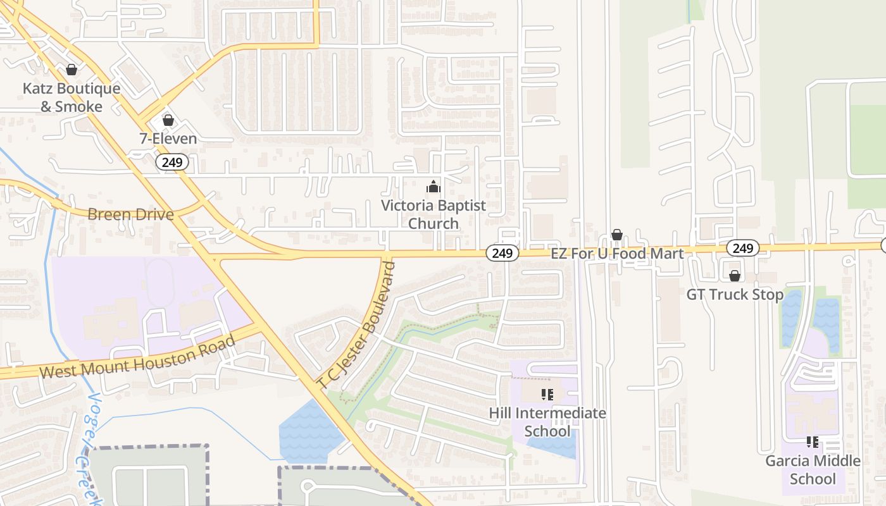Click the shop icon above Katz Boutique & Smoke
72,70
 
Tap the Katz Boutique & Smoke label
72,97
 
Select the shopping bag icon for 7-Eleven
168,120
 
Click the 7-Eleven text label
168,139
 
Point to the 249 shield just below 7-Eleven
172,163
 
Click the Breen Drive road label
130,214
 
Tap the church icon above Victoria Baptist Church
433,187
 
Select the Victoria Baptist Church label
433,214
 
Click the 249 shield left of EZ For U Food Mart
502,254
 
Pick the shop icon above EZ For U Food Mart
617,235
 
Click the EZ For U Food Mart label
617,254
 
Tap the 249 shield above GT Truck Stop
742,248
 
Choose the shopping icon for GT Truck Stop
735,276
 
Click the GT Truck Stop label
735,295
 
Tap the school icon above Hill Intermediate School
547,395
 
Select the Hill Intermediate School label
547,422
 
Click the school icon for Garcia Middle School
813,443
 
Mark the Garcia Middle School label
813,469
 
